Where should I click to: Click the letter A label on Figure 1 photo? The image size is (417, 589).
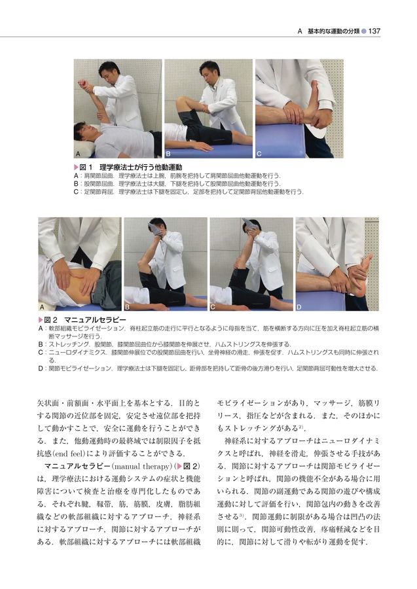(77, 153)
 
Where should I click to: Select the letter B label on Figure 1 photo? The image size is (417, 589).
(168, 153)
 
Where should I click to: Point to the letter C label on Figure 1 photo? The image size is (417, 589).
(259, 153)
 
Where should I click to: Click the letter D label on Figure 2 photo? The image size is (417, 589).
(299, 306)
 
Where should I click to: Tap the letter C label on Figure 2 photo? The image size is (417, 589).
(213, 306)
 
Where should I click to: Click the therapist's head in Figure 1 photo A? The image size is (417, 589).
(109, 69)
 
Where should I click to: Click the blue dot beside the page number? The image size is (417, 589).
(363, 31)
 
